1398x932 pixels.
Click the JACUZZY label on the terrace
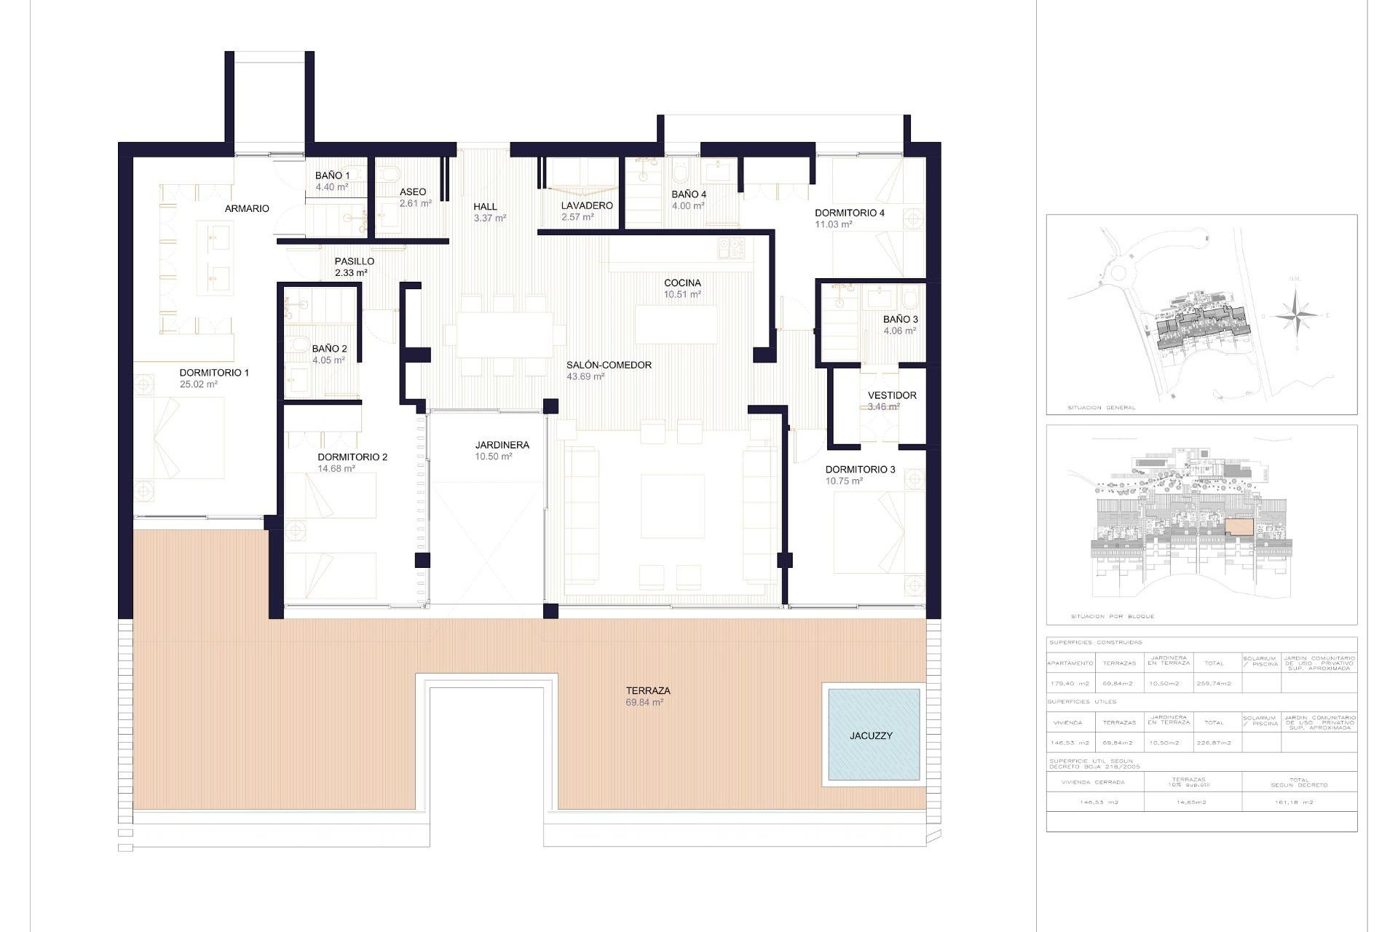871,735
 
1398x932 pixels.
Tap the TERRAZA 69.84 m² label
647,696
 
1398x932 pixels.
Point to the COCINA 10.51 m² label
682,288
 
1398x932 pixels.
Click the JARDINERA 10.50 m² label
502,450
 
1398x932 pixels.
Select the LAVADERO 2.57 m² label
586,210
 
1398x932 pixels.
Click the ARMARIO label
247,208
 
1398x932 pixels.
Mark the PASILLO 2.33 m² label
354,266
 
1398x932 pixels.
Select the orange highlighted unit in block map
1239,526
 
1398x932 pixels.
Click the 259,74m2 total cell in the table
1214,683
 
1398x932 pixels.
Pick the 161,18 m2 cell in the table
1294,802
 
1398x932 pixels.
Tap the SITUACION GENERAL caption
1101,408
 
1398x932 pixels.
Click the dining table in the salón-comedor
504,335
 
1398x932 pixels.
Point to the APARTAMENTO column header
1070,663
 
